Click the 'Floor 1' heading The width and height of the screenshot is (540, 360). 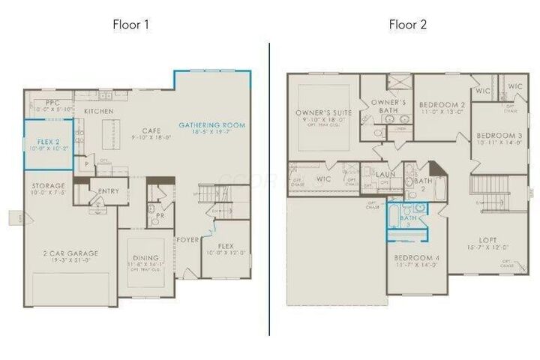pos(131,24)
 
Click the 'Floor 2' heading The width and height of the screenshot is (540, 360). pos(407,24)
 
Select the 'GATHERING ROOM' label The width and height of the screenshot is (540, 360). pos(212,124)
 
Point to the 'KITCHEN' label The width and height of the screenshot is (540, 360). pos(98,111)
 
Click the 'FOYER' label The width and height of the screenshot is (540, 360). pos(187,241)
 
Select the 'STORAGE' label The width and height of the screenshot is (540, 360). pos(47,185)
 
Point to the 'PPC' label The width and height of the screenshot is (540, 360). pos(52,102)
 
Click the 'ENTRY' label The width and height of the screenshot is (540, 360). pos(108,191)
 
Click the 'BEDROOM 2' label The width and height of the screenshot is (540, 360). pos(442,104)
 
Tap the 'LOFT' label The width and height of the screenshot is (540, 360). pos(488,240)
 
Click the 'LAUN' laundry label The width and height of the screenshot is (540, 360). pos(385,174)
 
